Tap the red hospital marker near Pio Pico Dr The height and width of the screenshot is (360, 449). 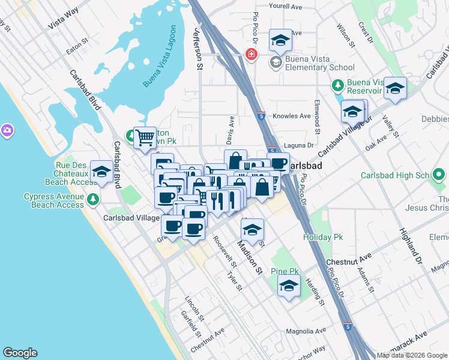click(x=251, y=55)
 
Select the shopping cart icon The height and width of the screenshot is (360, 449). click(x=145, y=138)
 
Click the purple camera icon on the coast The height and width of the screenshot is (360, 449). click(x=7, y=130)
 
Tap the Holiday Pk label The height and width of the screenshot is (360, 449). click(x=318, y=237)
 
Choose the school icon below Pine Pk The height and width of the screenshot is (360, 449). click(x=289, y=286)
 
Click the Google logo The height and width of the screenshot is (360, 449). click(x=20, y=353)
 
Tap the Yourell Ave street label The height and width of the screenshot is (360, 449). click(x=286, y=6)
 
